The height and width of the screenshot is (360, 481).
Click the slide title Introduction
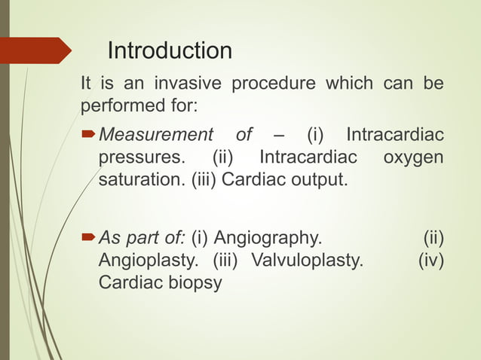click(x=170, y=51)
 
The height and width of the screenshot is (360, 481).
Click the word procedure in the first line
click(x=271, y=84)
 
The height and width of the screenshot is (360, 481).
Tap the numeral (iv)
click(x=430, y=262)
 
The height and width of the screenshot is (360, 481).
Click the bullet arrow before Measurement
click(x=89, y=136)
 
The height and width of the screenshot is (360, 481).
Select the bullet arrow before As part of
click(x=89, y=239)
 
